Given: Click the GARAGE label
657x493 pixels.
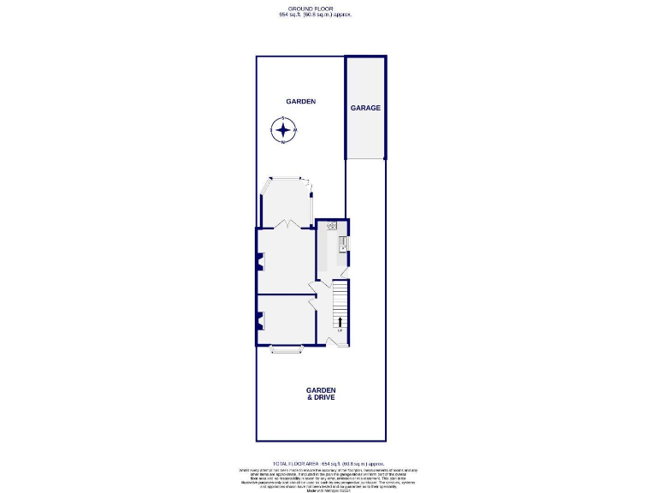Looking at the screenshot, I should pyautogui.click(x=365, y=108).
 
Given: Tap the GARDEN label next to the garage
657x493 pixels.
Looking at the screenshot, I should pyautogui.click(x=301, y=101).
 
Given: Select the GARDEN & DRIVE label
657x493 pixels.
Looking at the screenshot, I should pyautogui.click(x=321, y=394).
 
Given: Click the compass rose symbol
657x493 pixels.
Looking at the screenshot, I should pyautogui.click(x=283, y=130).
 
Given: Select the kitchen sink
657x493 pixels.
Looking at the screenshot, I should pyautogui.click(x=342, y=244).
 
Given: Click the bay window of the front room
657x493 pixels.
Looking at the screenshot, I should pyautogui.click(x=287, y=347).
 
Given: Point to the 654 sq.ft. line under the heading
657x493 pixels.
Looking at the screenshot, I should pyautogui.click(x=316, y=15).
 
